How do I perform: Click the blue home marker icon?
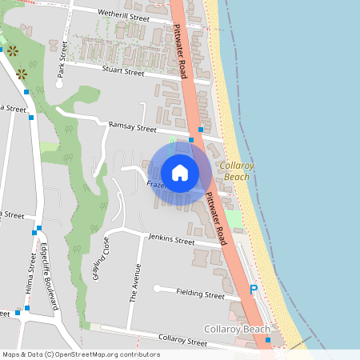180,172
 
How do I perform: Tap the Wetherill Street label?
123,16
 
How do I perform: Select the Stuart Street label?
123,71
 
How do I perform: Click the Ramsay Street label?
133,126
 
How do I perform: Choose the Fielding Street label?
201,294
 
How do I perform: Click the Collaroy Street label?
183,342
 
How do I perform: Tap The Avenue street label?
135,283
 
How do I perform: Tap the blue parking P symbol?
254,290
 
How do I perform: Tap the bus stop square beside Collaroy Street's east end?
268,341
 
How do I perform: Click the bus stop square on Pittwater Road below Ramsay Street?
191,140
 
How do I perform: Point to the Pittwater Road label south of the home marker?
218,214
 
